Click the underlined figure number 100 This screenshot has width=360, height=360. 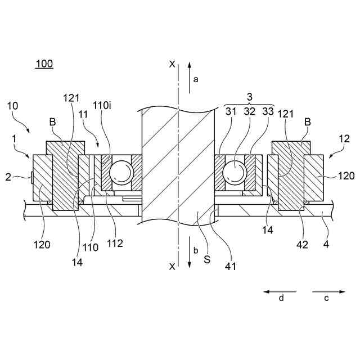(44, 64)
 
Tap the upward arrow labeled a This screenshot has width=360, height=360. (189, 73)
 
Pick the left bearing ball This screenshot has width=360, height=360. (120, 172)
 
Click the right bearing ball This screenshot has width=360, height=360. (235, 172)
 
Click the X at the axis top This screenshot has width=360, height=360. (172, 64)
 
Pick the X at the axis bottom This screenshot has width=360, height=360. (172, 267)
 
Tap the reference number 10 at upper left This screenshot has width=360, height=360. (12, 106)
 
